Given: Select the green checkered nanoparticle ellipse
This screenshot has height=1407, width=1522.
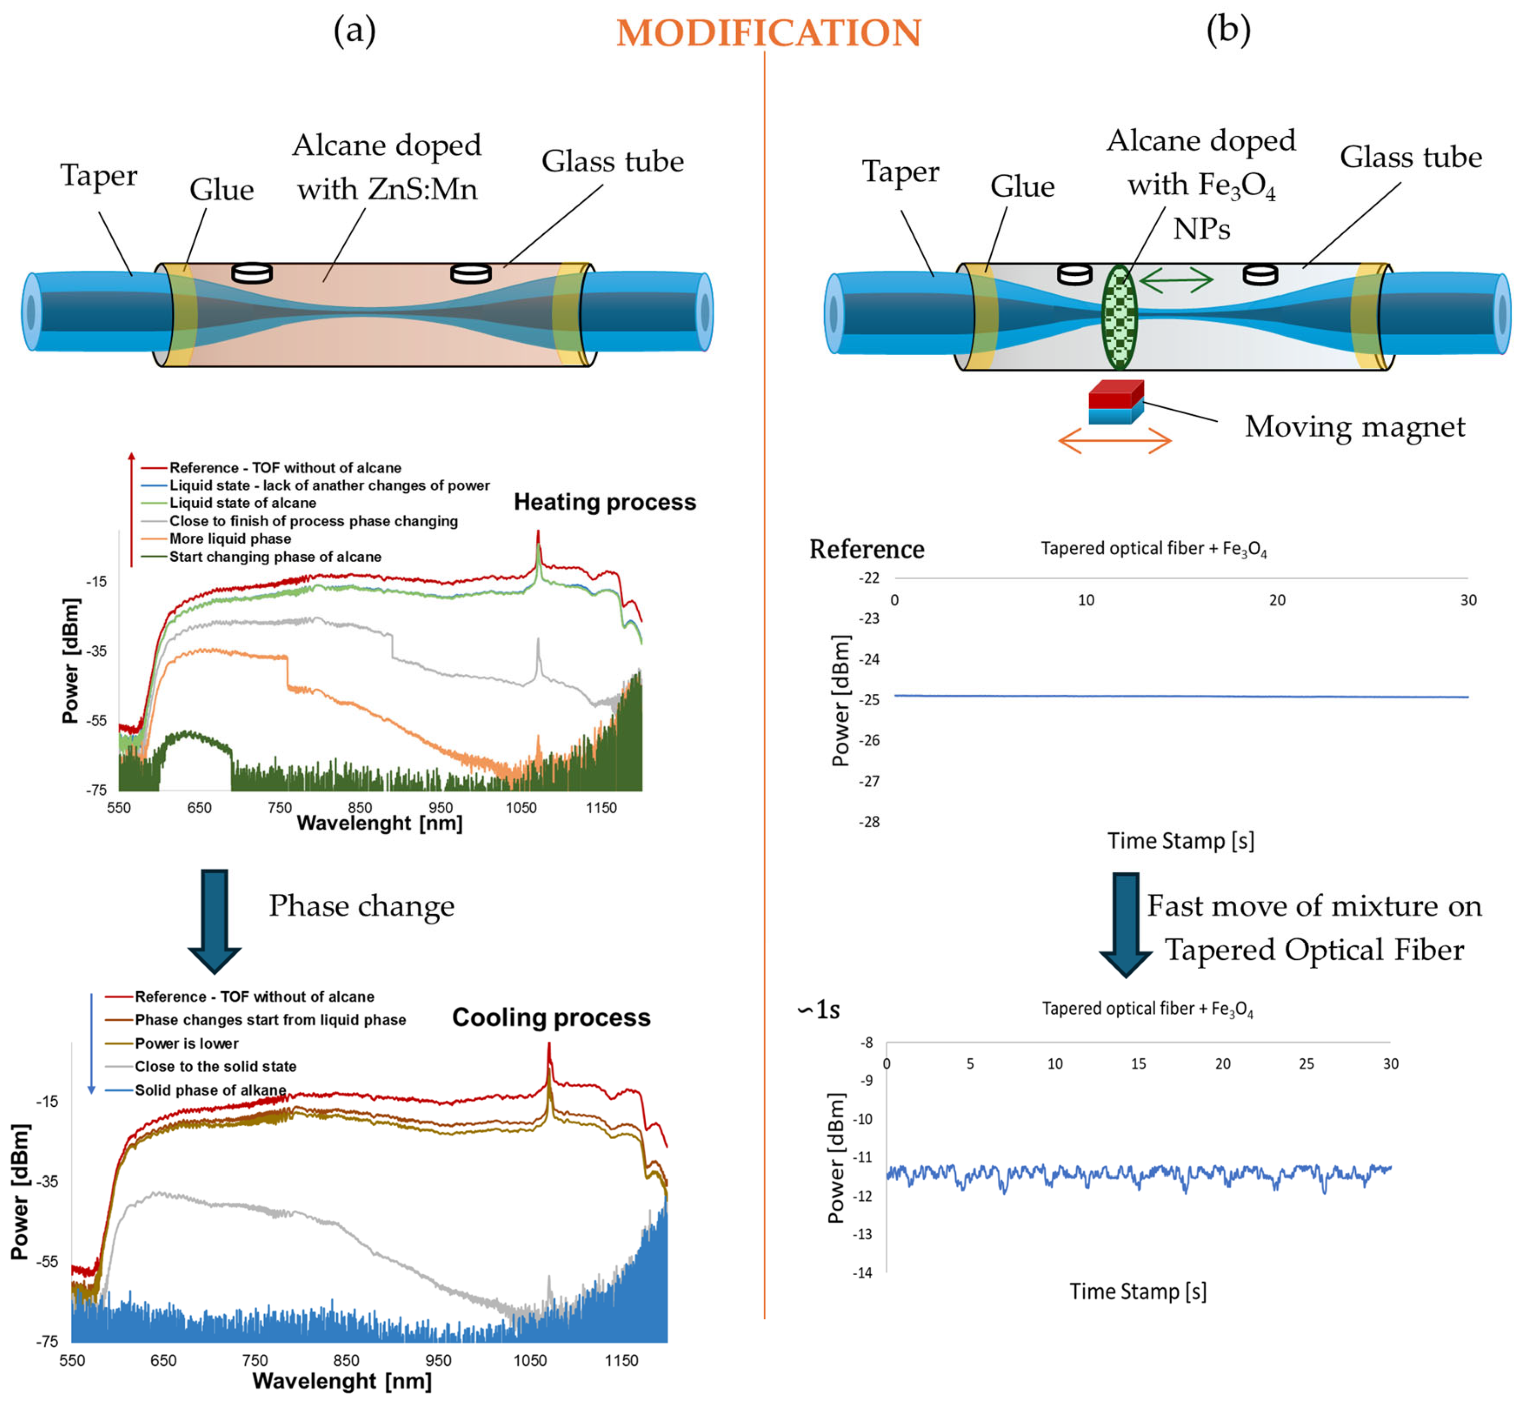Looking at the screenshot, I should click(x=1119, y=317).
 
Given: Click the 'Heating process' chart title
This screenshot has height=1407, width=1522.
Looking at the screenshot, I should click(x=605, y=503).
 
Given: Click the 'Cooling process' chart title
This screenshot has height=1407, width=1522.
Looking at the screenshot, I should click(x=551, y=1018).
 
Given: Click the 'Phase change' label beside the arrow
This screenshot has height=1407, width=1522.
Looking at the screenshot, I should click(x=362, y=906).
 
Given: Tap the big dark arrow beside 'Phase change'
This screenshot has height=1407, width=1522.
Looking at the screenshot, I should click(x=215, y=921).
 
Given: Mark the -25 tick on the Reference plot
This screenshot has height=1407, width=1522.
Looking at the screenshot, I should click(x=869, y=700).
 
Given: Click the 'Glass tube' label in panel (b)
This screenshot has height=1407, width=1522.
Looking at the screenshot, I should click(x=1411, y=158).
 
